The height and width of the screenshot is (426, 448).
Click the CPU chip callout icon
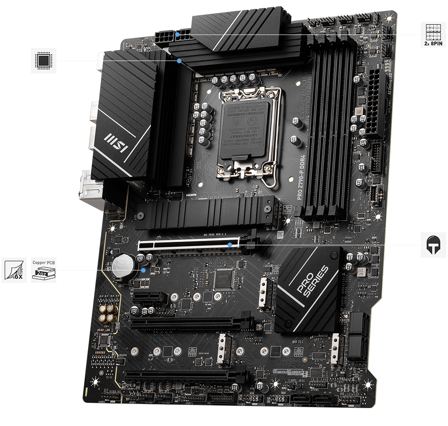pos(43,60)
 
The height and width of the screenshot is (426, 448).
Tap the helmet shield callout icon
pos(433,245)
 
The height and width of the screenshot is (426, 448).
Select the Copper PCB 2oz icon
pos(43,270)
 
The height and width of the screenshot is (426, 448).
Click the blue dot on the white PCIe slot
pos(230,245)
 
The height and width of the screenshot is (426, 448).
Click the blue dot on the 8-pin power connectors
pos(178,34)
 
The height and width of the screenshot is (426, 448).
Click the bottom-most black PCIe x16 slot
pos(184,375)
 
